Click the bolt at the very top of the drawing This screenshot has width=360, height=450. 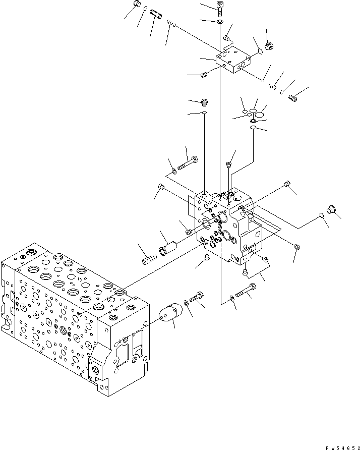[220, 7]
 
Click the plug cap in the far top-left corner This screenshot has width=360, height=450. [136, 5]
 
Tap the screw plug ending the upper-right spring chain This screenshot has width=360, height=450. [293, 98]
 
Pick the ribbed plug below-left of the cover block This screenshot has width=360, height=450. [204, 75]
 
